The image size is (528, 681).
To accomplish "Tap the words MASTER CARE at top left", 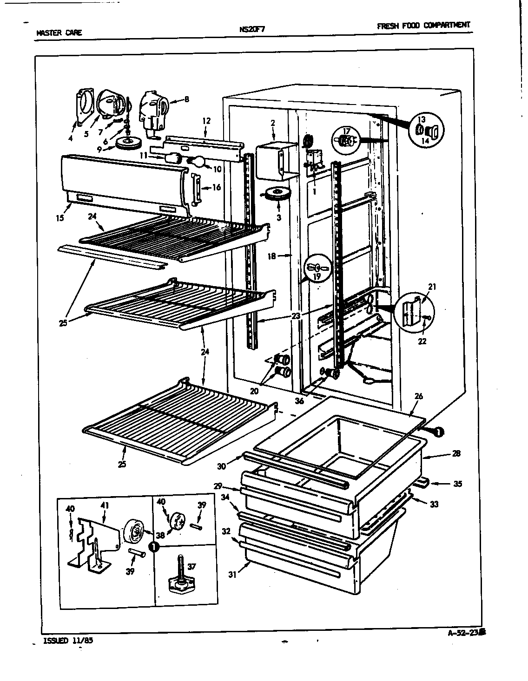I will pyautogui.click(x=59, y=33).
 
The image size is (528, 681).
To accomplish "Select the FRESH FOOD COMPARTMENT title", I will pyautogui.click(x=423, y=26).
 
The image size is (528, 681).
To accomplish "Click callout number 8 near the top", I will pyautogui.click(x=186, y=99).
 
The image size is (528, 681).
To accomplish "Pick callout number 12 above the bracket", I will pyautogui.click(x=206, y=121).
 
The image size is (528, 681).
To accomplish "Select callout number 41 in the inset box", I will pyautogui.click(x=103, y=503).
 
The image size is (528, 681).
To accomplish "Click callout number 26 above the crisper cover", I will pyautogui.click(x=419, y=396).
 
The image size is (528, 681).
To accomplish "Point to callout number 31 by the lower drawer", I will pyautogui.click(x=233, y=575).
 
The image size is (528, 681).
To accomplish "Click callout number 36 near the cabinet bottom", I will pyautogui.click(x=299, y=400).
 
